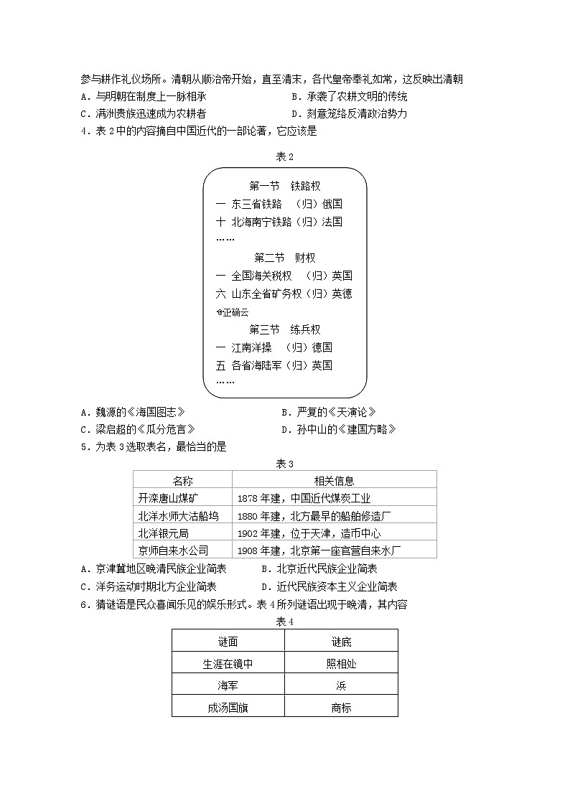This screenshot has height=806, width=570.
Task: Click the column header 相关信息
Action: coord(334,481)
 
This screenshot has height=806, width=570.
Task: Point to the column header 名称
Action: coord(182,481)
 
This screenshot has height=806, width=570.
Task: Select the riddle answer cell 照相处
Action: coord(341,664)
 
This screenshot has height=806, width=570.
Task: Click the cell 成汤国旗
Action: coord(228,707)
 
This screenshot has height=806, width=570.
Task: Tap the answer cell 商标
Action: coord(341,707)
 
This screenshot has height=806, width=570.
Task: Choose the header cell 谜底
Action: coord(341,642)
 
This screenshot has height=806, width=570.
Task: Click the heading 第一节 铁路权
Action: coord(284,186)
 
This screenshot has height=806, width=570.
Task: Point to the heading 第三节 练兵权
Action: coord(284,329)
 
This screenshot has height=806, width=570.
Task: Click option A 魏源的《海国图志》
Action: coord(134,412)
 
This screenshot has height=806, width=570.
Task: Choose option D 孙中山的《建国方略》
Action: coord(337,429)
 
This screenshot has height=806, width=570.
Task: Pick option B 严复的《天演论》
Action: coord(328,412)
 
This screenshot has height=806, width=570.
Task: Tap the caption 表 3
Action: coord(285,464)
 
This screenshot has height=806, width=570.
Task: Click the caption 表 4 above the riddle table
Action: coord(285,621)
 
